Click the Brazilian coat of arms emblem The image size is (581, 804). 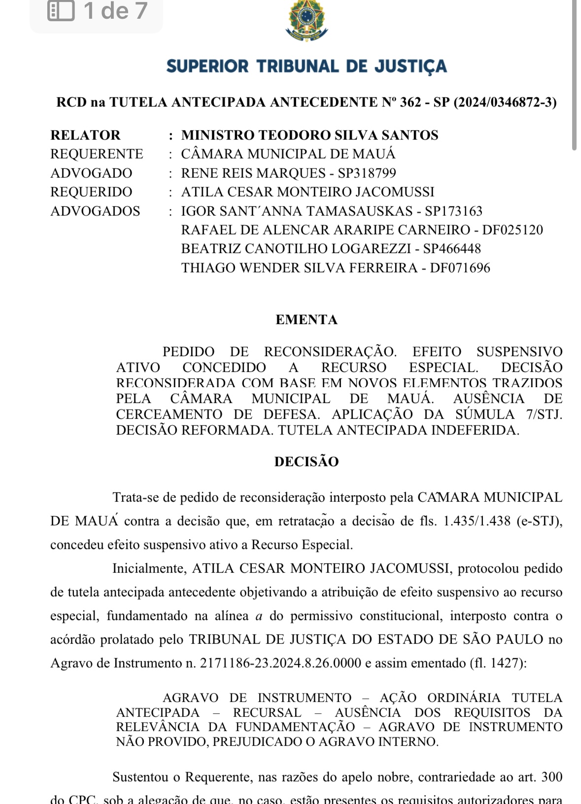307,21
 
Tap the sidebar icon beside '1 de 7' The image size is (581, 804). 61,10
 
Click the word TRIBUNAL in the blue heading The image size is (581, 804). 298,66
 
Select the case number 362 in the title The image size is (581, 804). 410,102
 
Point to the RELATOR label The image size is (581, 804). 85,135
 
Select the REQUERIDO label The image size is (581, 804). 91,192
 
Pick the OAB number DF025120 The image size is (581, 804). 513,230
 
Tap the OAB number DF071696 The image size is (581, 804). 460,268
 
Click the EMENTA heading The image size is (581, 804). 307,320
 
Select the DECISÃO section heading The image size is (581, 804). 307,462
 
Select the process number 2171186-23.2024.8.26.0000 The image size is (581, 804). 280,663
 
